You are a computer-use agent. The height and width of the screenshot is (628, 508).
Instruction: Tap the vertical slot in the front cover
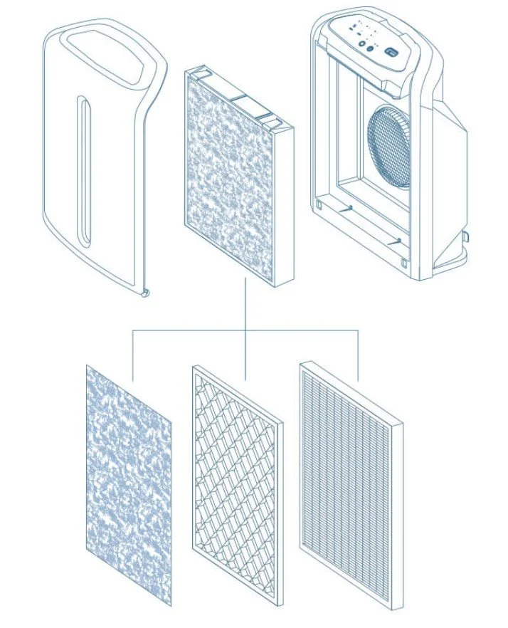point(85,175)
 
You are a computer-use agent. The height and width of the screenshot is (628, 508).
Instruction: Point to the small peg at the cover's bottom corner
point(145,293)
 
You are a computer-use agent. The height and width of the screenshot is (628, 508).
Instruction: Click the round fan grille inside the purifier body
point(389,147)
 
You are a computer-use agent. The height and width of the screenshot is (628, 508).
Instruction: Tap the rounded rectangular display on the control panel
point(392,51)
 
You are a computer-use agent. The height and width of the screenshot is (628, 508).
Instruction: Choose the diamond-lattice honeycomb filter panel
point(238,485)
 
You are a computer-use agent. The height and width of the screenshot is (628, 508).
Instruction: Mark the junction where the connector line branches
point(245,330)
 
